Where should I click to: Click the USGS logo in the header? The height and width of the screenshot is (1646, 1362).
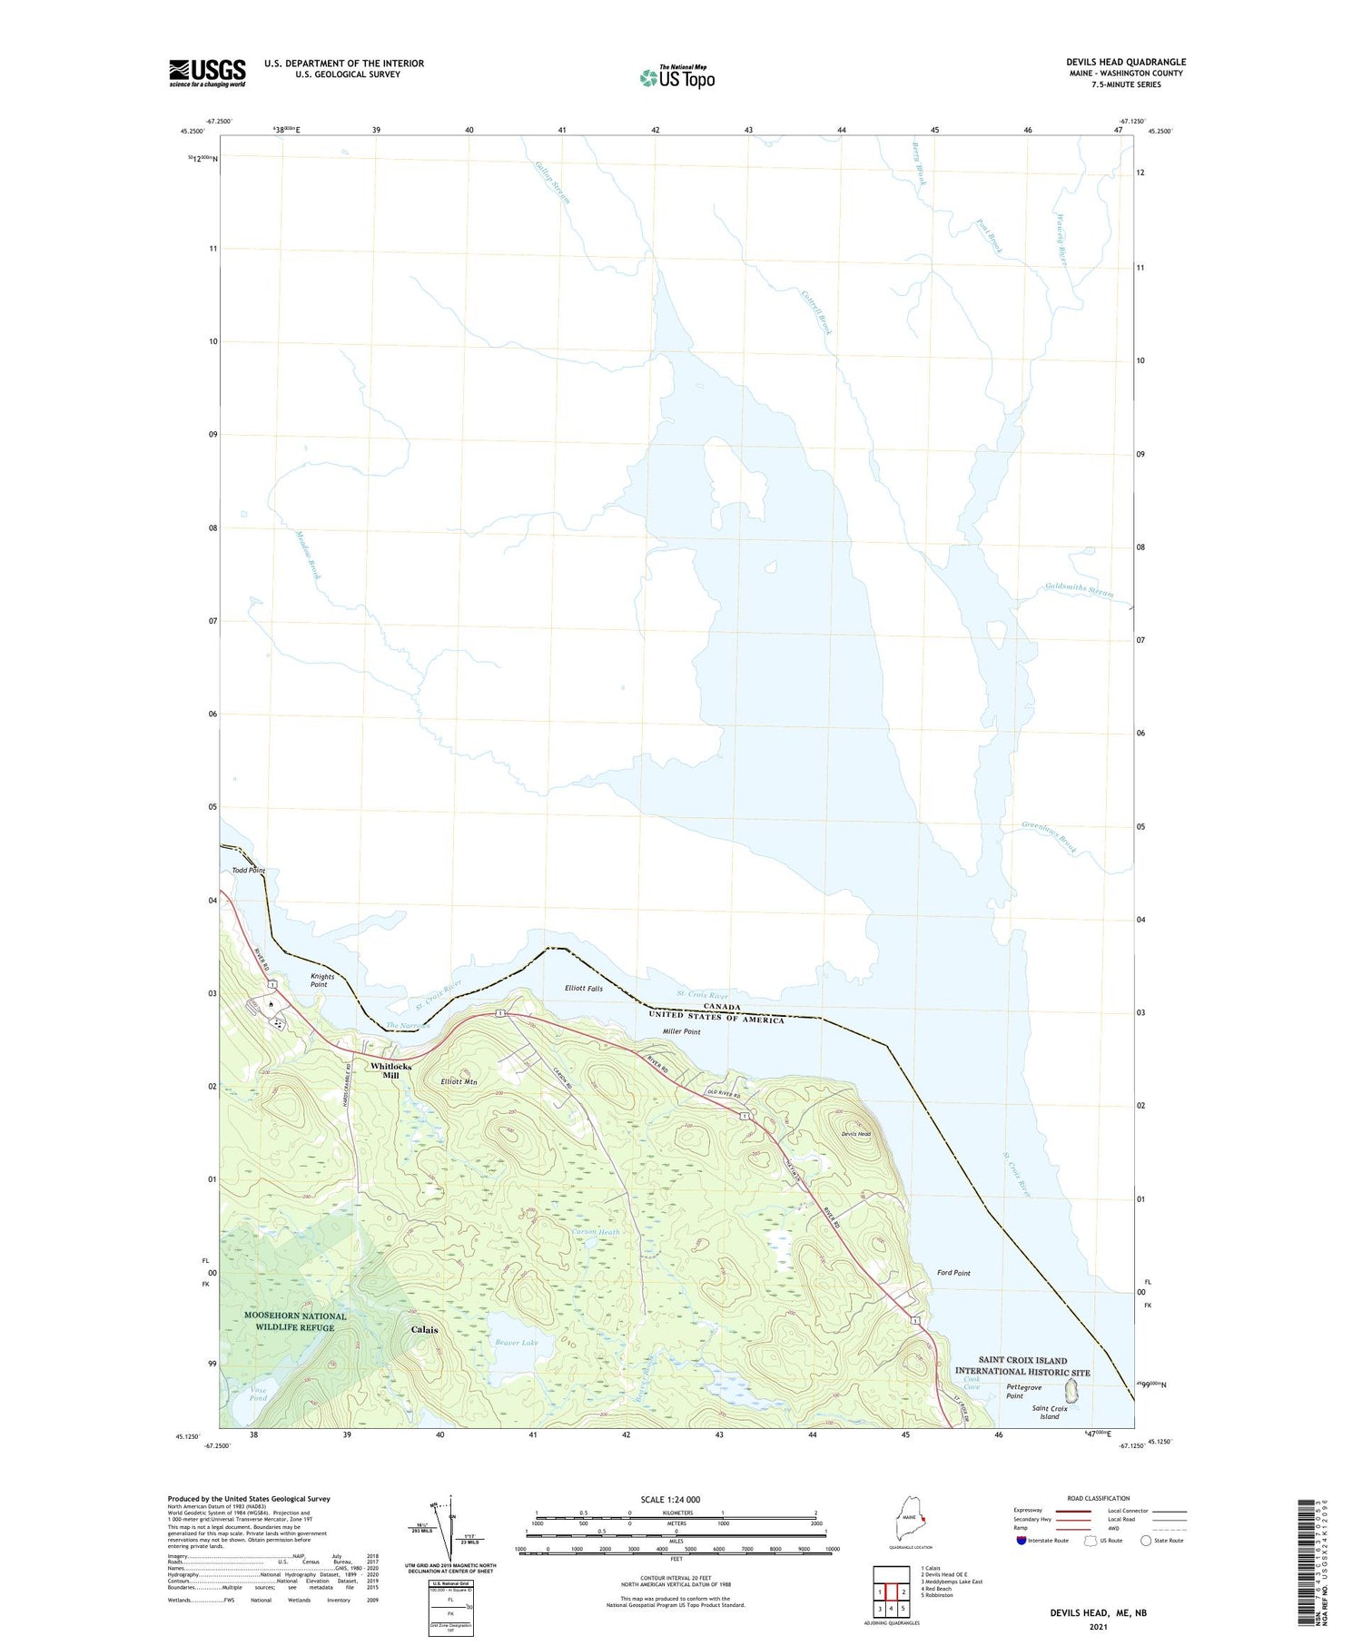pyautogui.click(x=207, y=73)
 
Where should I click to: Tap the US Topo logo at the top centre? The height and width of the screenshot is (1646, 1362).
pyautogui.click(x=676, y=77)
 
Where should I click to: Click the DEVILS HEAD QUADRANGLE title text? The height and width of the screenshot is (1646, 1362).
pyautogui.click(x=1126, y=62)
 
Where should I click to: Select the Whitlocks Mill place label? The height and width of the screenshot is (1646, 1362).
pyautogui.click(x=390, y=1070)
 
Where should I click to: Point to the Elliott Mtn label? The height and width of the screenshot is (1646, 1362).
pyautogui.click(x=459, y=1081)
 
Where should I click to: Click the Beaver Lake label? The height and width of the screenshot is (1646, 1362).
pyautogui.click(x=517, y=1342)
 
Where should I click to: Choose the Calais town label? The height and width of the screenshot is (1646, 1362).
pyautogui.click(x=424, y=1329)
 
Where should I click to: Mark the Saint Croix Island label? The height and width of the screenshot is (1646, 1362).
pyautogui.click(x=1050, y=1412)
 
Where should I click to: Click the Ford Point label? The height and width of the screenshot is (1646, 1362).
pyautogui.click(x=953, y=1273)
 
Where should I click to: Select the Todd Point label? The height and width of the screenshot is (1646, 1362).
pyautogui.click(x=248, y=870)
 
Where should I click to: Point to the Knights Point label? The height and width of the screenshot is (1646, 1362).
pyautogui.click(x=322, y=980)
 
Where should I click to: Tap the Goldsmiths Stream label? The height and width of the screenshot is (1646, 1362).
pyautogui.click(x=1079, y=590)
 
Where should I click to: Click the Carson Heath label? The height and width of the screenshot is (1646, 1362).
pyautogui.click(x=596, y=1232)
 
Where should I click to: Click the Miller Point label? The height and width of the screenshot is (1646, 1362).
pyautogui.click(x=681, y=1031)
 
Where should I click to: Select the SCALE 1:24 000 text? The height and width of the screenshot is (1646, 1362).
pyautogui.click(x=670, y=1499)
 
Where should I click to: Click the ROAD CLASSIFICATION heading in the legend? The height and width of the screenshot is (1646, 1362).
pyautogui.click(x=1099, y=1498)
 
